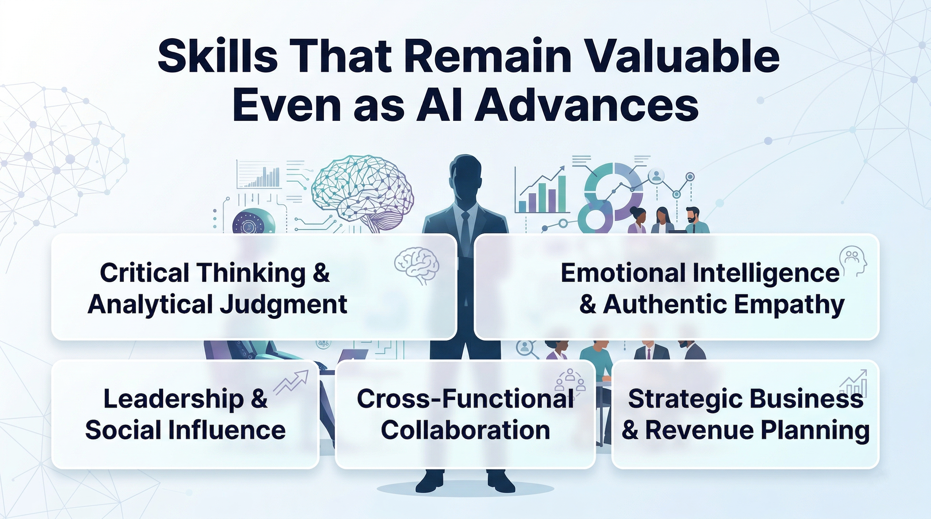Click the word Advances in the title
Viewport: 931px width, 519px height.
[586, 105]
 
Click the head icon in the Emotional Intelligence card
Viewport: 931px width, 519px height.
[853, 261]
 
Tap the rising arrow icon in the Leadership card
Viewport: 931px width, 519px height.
[291, 382]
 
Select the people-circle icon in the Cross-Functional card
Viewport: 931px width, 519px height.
[570, 380]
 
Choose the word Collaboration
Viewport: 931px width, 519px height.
[465, 430]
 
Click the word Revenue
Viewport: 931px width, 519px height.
[700, 430]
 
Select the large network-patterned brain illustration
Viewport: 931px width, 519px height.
[363, 193]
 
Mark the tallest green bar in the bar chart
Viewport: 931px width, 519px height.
[562, 194]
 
